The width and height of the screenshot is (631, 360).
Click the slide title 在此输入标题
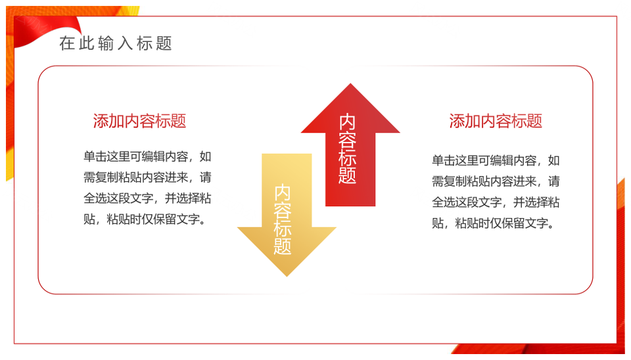(116, 43)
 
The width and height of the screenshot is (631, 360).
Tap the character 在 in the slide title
(67, 43)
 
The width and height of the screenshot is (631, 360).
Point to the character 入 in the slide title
(125, 43)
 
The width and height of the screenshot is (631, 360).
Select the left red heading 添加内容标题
(139, 121)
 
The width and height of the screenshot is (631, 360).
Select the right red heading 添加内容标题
(496, 121)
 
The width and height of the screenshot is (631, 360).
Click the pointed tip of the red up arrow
(350, 83)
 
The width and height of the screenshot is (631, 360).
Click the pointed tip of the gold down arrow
(287, 277)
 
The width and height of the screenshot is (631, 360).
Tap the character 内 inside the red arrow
(347, 122)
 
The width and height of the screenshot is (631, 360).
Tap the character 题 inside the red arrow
(347, 175)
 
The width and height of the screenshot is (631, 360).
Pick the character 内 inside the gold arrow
(283, 193)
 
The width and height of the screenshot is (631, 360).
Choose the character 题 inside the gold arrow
(283, 246)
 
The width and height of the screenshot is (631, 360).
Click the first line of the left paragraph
(147, 156)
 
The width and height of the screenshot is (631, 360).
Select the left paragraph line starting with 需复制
(147, 177)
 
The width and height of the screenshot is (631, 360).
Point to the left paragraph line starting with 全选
(147, 198)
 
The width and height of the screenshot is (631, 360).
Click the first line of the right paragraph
(496, 160)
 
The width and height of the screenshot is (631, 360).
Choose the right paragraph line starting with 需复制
(496, 181)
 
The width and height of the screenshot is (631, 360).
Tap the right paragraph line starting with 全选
(496, 202)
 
